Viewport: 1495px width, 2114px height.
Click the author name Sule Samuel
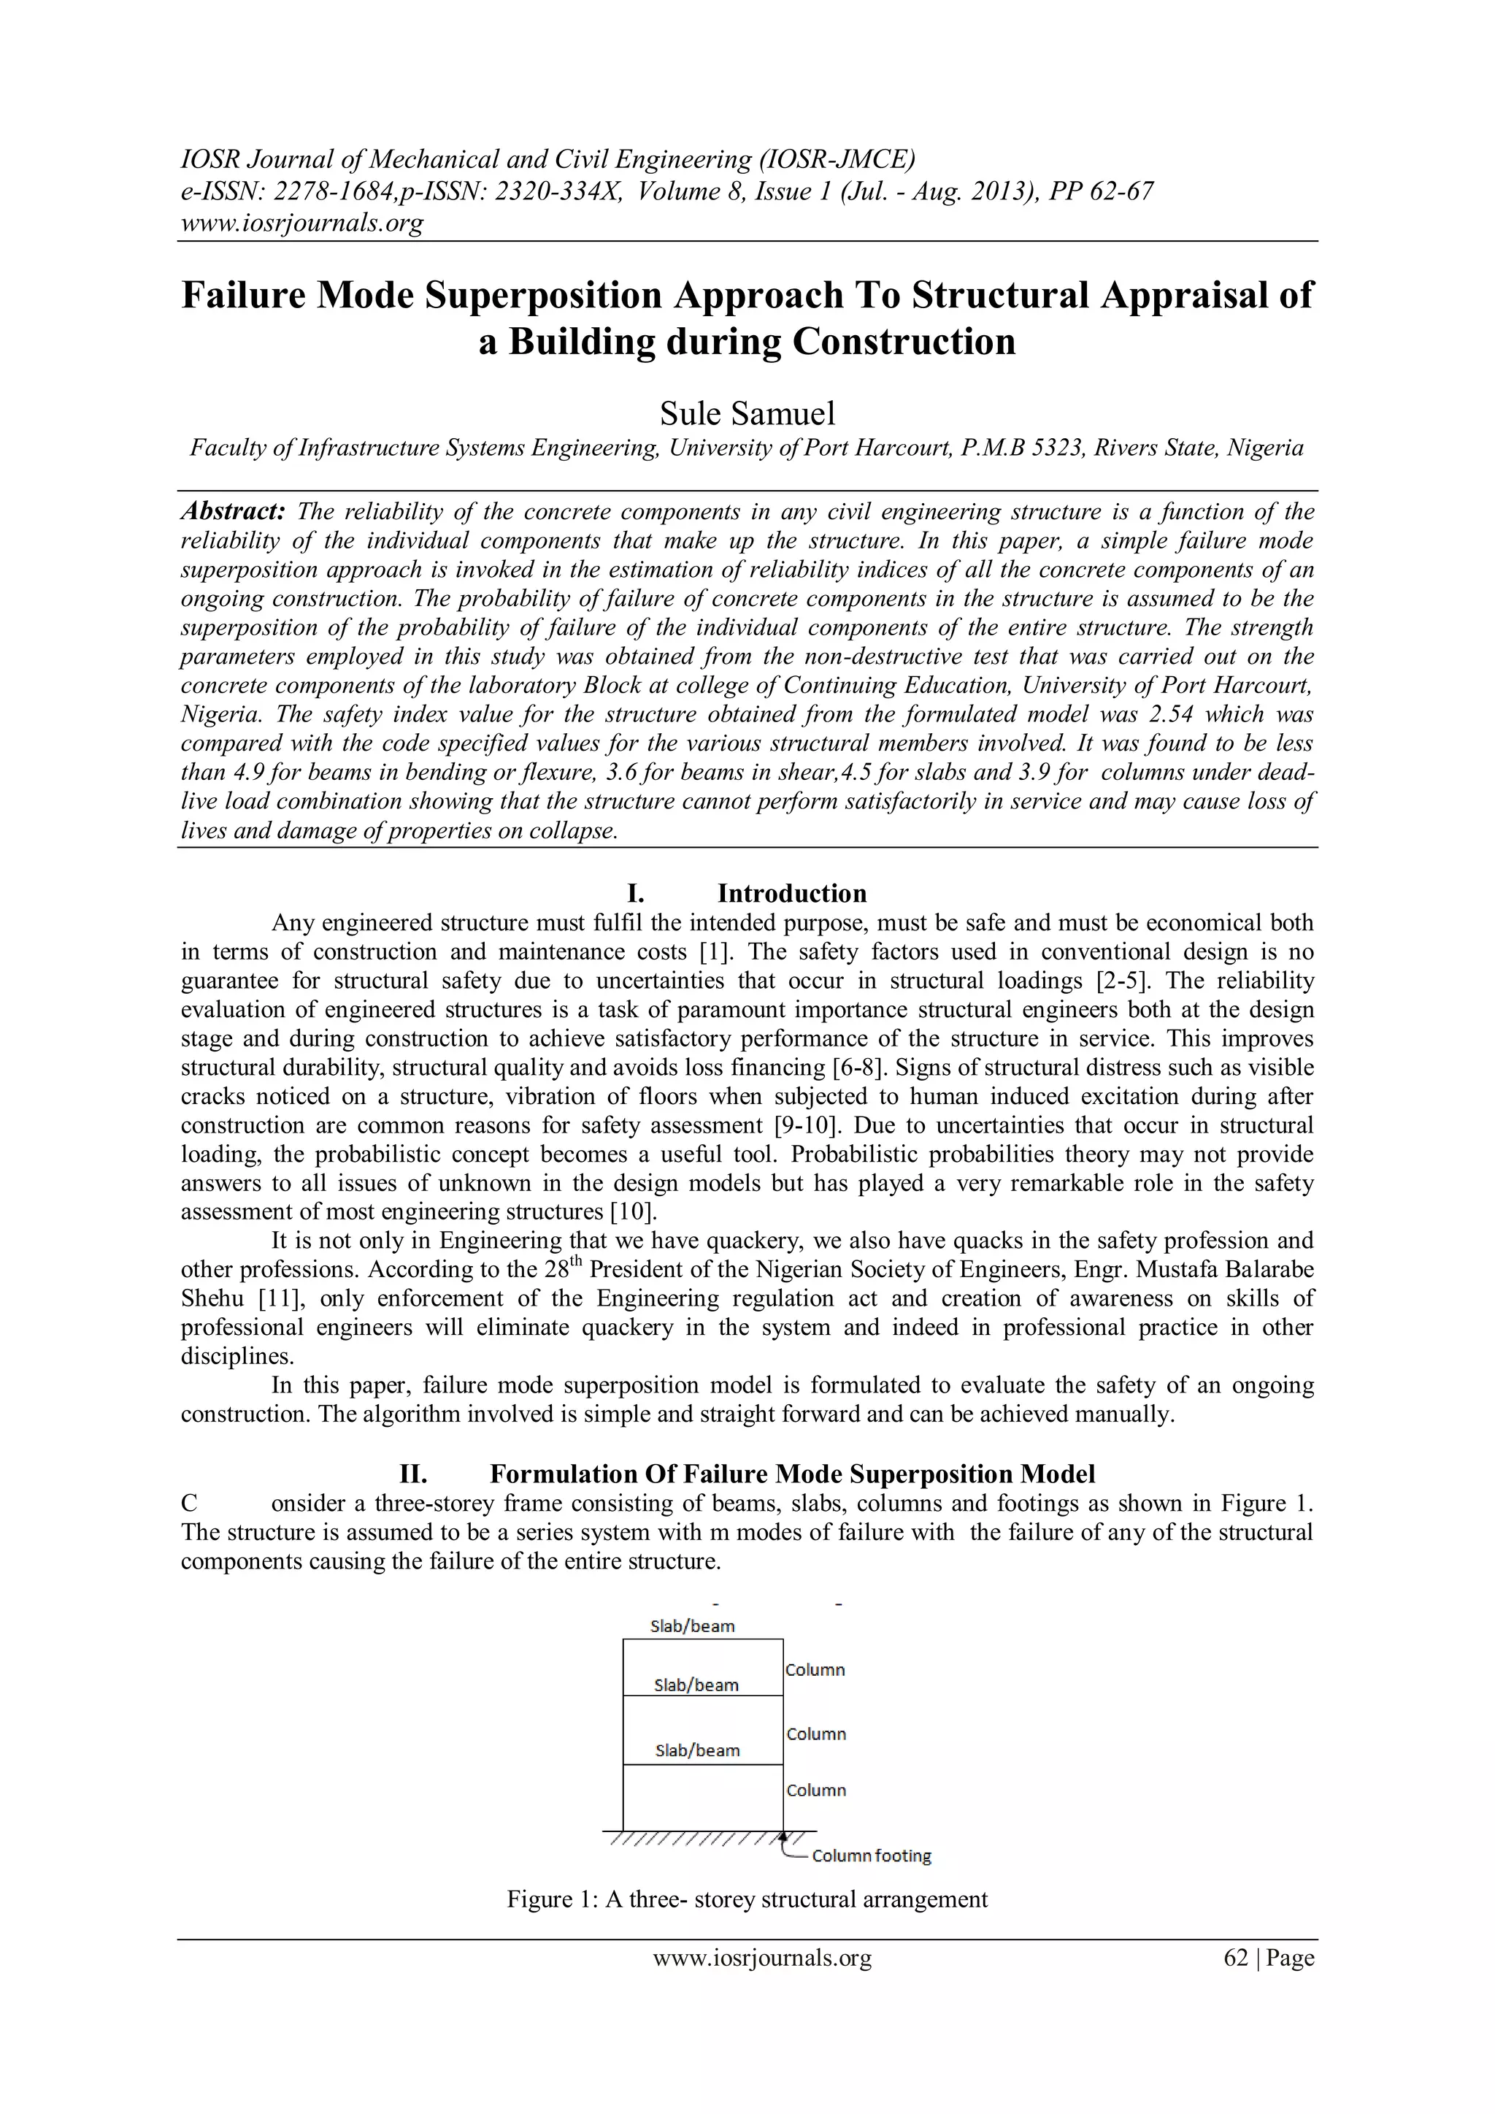747,413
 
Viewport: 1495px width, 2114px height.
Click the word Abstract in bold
232,511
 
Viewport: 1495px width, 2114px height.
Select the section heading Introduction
792,893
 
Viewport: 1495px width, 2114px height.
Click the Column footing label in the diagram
871,1856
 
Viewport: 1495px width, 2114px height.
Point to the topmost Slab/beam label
692,1626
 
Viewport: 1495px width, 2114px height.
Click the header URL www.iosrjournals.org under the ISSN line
302,223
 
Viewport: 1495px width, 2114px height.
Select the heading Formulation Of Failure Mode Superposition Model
792,1474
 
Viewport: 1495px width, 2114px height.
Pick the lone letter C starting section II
189,1504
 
